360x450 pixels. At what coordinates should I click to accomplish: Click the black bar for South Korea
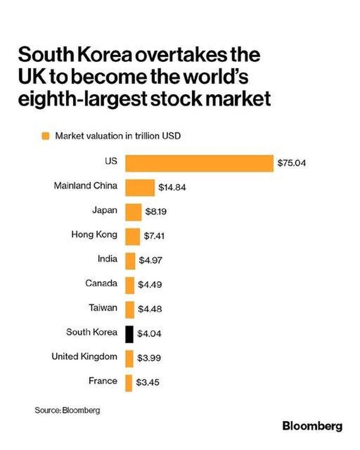click(129, 333)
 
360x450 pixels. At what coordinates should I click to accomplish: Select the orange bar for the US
click(199, 163)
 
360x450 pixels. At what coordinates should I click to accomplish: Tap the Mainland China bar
click(139, 187)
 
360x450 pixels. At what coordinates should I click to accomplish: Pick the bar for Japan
click(133, 211)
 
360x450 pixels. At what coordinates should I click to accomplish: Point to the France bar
click(129, 382)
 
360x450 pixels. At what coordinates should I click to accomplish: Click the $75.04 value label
click(292, 163)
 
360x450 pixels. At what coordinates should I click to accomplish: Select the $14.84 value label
click(172, 188)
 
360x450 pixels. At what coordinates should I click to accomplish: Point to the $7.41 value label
click(154, 236)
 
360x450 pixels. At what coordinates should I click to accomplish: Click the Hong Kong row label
click(94, 234)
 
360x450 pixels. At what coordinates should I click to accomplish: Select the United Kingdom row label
click(84, 357)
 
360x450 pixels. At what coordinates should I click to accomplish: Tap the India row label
click(107, 259)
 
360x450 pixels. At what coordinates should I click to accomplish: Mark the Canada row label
click(101, 283)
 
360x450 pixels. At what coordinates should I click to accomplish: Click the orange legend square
click(45, 136)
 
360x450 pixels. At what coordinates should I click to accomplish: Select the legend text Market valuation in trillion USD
click(117, 136)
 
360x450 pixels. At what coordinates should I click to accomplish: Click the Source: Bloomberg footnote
click(67, 410)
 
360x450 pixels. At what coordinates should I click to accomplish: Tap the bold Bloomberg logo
click(312, 426)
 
